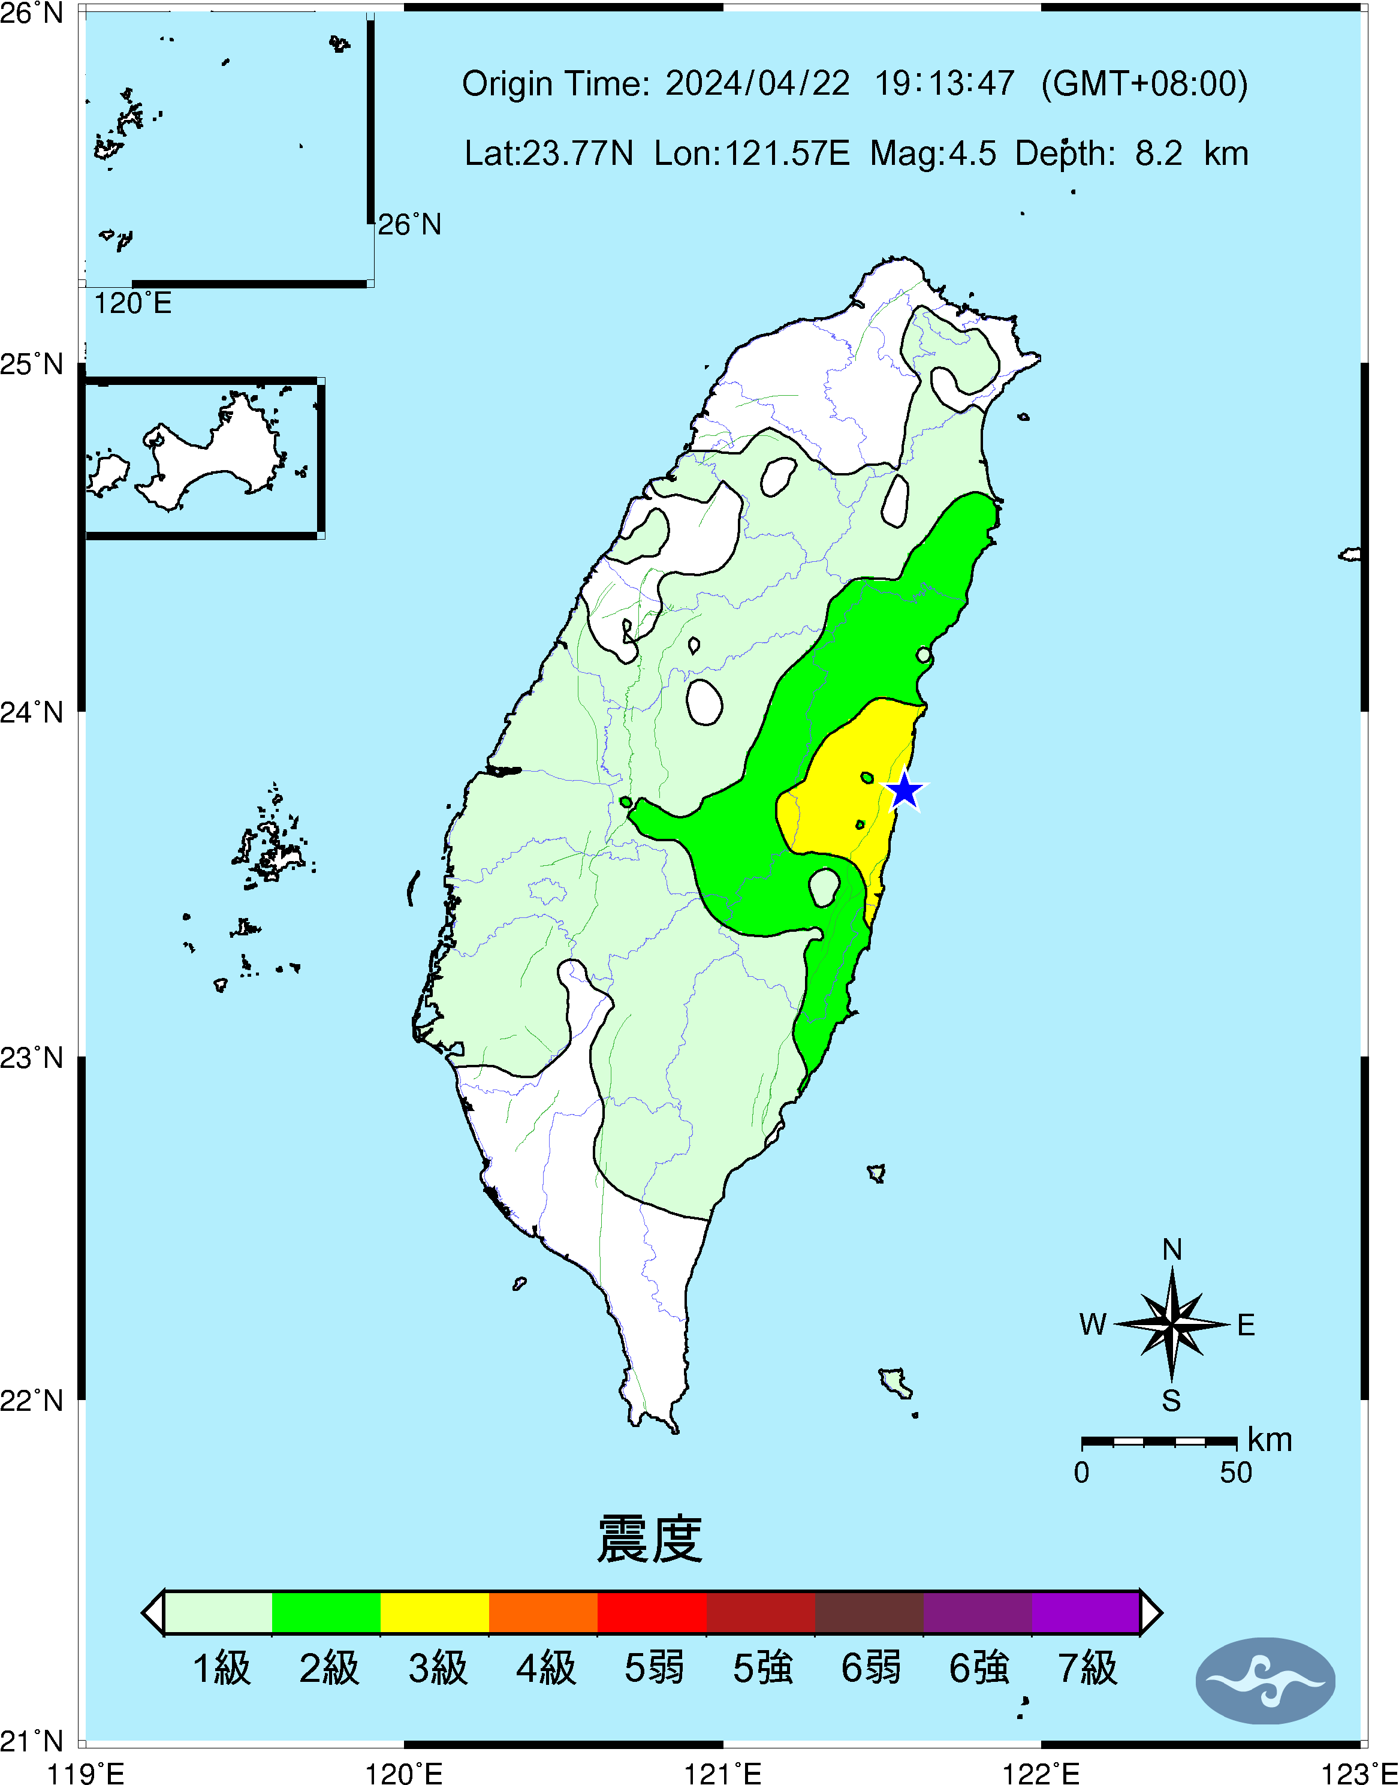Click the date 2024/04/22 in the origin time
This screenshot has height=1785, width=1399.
click(x=757, y=83)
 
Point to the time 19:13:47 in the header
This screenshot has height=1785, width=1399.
click(x=945, y=83)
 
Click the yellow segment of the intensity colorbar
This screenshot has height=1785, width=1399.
click(x=435, y=1612)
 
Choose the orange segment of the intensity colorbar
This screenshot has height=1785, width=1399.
click(x=543, y=1612)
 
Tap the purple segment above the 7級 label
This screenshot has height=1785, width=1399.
click(x=1086, y=1612)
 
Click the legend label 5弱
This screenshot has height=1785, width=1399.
click(x=653, y=1668)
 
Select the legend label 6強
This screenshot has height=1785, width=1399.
click(x=979, y=1668)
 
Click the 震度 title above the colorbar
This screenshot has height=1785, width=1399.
click(x=650, y=1539)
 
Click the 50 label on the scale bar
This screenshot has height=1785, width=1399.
click(x=1235, y=1473)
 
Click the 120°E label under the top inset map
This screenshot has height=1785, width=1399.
click(x=132, y=304)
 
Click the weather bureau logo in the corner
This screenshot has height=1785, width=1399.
click(x=1265, y=1681)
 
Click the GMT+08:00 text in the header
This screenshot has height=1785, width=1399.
click(x=1144, y=83)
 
